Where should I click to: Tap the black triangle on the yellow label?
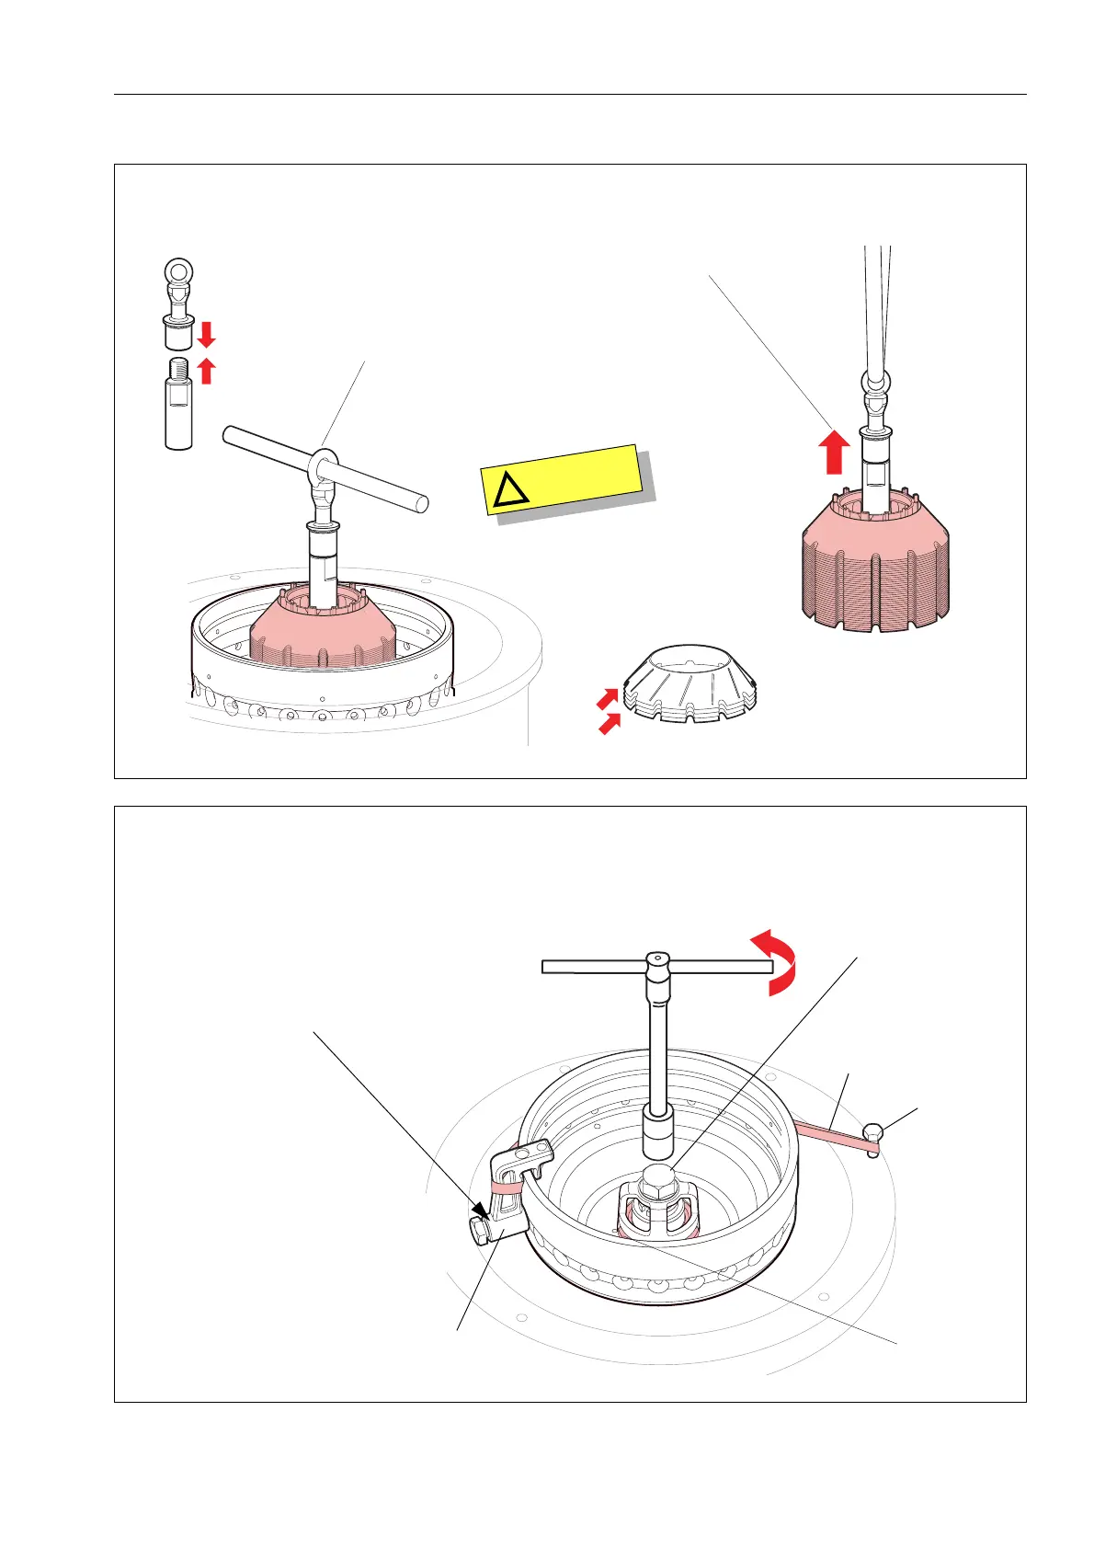(511, 492)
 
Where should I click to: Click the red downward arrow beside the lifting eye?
(207, 333)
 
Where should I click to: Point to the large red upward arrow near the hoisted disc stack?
(834, 452)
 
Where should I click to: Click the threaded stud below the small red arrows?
(178, 405)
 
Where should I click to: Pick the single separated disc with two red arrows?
(691, 685)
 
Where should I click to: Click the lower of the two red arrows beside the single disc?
(608, 725)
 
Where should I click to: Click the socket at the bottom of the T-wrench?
(658, 1137)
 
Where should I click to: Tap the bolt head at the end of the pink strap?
(873, 1136)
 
